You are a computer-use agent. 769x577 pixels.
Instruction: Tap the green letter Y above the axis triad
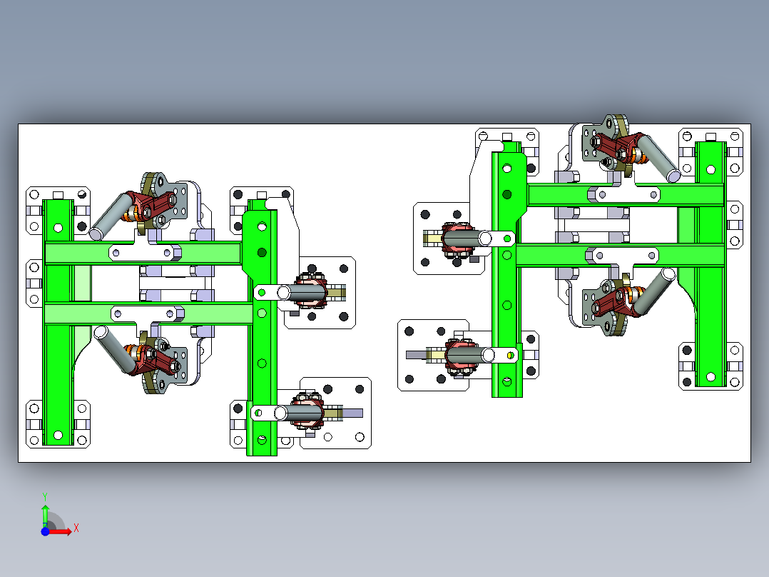(44, 496)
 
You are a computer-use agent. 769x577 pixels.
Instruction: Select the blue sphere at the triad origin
(45, 531)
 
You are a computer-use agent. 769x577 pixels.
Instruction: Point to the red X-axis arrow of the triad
(61, 531)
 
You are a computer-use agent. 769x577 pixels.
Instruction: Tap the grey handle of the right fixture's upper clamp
(657, 158)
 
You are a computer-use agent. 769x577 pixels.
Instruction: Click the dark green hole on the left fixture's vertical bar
(262, 252)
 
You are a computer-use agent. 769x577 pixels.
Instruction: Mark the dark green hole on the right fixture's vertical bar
(507, 194)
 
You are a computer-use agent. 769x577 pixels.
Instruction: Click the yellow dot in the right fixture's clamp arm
(511, 353)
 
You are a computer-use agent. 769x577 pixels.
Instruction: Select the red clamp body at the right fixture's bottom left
(459, 354)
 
